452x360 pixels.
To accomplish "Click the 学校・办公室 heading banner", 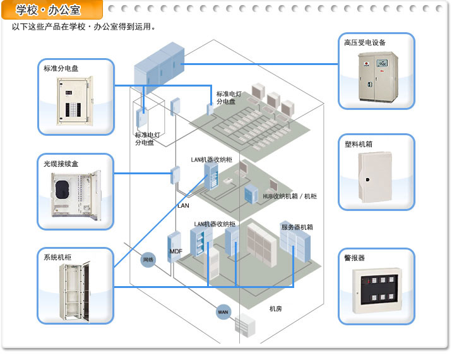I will tap(52, 9).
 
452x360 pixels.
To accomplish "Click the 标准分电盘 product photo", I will tap(76, 102).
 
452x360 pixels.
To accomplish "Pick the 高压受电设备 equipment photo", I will tap(377, 76).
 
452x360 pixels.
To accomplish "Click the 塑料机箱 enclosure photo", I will tap(377, 177).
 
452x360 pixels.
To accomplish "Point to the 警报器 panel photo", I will tap(377, 291).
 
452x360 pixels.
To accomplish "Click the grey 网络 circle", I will tap(148, 260).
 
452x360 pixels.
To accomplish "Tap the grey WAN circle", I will tap(223, 312).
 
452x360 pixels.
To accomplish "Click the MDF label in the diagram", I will tap(176, 251).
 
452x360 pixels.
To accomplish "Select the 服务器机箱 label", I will tap(297, 227).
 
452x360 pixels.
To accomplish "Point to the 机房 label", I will tap(275, 309).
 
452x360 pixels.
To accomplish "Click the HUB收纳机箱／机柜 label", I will tap(290, 196).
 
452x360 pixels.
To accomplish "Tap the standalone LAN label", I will tap(183, 206).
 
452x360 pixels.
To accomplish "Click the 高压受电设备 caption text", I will tap(365, 42).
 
